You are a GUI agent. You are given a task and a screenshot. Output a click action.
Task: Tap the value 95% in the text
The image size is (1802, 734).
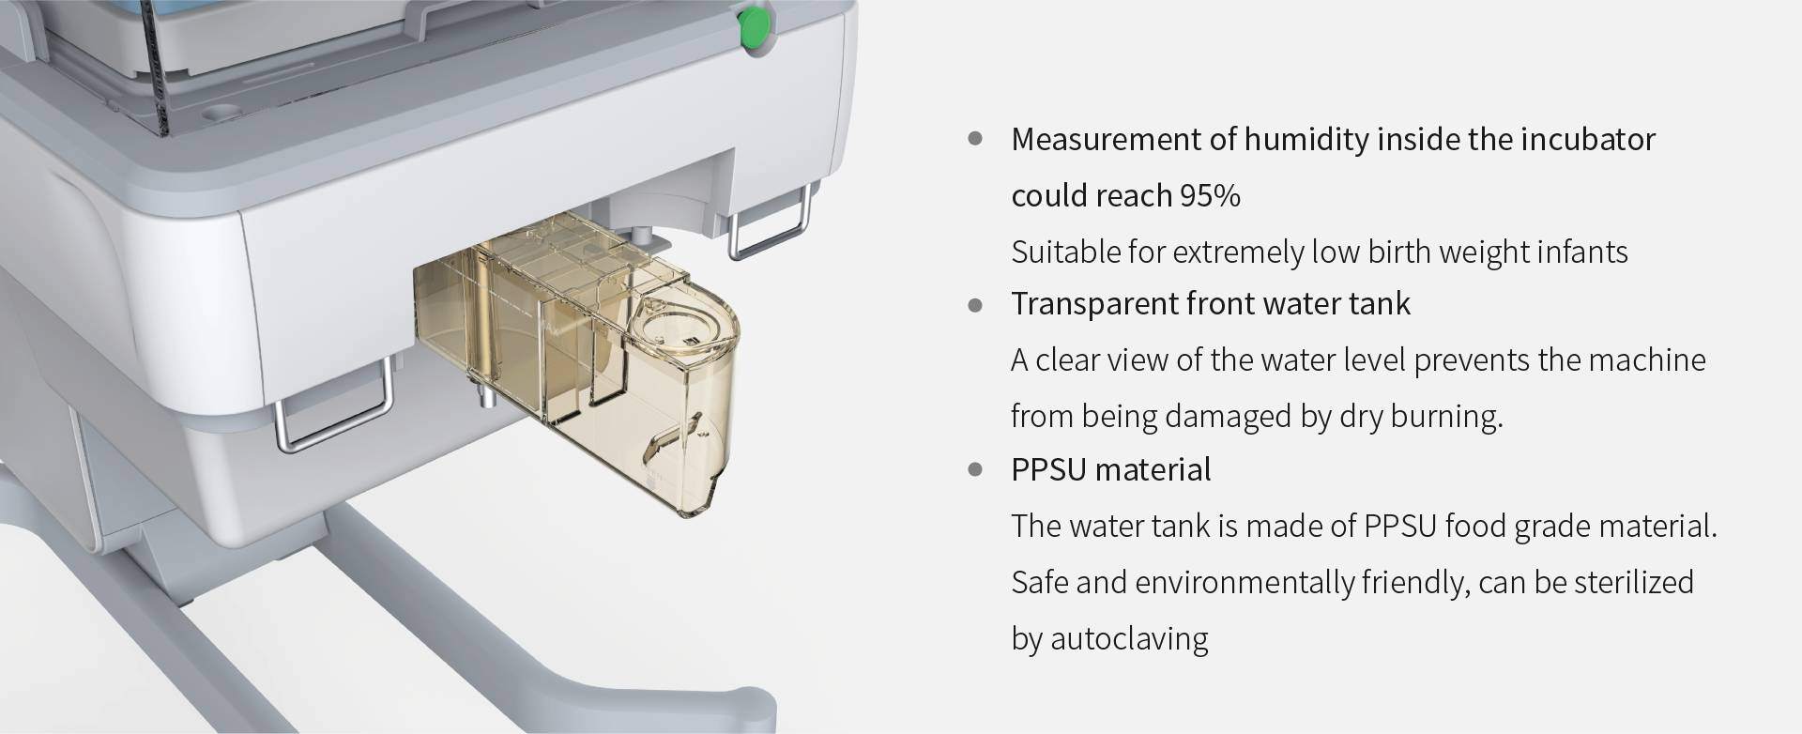1211,196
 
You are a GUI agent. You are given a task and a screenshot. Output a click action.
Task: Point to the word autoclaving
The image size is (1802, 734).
1129,639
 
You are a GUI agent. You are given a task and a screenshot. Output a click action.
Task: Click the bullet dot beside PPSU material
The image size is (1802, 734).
975,469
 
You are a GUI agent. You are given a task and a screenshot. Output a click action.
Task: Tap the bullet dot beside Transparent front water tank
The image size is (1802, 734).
975,304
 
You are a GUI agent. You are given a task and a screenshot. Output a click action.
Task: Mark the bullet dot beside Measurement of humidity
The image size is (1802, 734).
975,139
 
